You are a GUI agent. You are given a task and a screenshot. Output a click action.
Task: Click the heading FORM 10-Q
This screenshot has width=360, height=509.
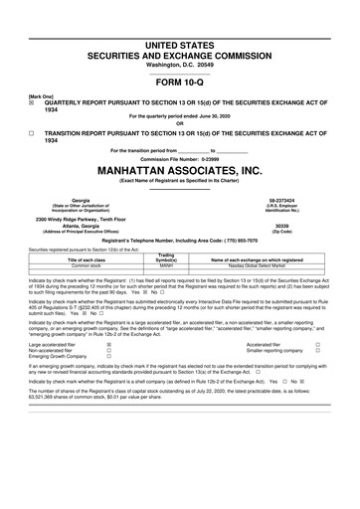[x=179, y=84]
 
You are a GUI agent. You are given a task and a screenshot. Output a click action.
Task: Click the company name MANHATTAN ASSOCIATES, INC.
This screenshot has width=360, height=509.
[x=179, y=172]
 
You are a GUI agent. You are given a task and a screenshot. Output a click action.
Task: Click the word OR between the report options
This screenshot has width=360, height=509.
[x=179, y=123]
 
